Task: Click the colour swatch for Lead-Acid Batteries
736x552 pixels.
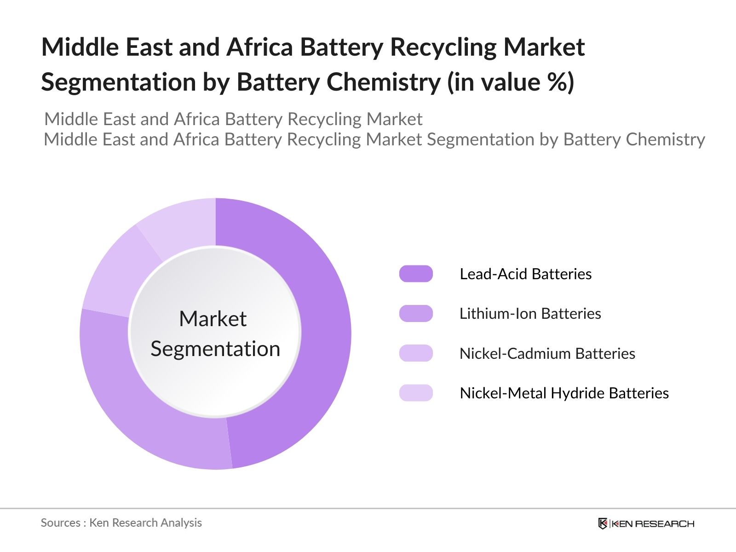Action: coord(416,274)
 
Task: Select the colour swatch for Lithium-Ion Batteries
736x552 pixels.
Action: coord(416,314)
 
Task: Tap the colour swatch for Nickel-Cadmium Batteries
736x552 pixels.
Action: coord(416,353)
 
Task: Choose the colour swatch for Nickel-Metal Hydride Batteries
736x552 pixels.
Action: coord(416,393)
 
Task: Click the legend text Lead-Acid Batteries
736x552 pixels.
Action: coord(525,274)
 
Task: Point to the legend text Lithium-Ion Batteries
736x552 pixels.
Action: coord(530,314)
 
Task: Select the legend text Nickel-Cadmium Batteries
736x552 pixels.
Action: coord(547,353)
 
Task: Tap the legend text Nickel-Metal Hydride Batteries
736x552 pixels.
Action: coord(564,393)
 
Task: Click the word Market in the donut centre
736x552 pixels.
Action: coord(213,319)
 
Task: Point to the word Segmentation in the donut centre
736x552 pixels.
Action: coord(215,349)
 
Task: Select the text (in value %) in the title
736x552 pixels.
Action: coord(511,82)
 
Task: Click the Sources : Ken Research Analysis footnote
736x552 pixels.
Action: coord(121,523)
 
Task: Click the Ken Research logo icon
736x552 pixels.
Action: coord(603,523)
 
